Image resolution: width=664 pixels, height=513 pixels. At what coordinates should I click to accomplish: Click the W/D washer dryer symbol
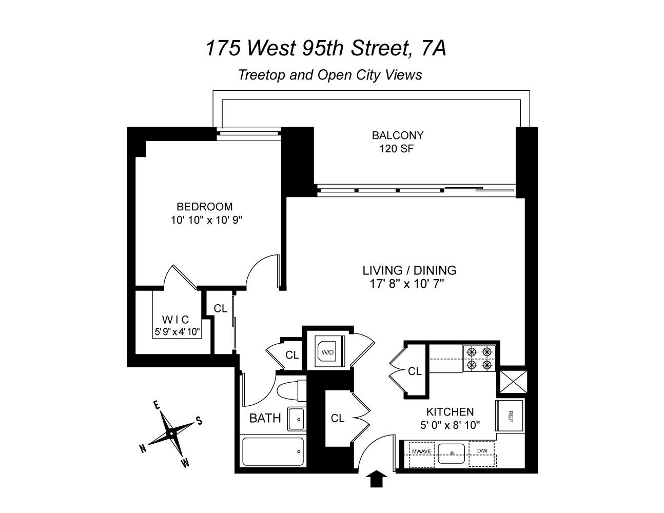327,352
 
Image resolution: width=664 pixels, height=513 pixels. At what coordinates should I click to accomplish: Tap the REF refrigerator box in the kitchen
510,416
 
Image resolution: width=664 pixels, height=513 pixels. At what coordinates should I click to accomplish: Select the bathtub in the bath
272,451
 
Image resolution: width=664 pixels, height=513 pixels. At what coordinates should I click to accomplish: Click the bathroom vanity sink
297,419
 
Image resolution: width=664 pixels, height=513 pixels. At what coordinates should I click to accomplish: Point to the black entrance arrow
377,479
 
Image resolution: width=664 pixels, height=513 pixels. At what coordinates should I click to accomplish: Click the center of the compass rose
171,434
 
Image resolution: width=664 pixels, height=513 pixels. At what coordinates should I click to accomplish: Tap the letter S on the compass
199,421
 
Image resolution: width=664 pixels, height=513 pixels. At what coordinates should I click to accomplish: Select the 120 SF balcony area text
396,149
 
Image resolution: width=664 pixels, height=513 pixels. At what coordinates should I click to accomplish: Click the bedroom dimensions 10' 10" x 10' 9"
206,220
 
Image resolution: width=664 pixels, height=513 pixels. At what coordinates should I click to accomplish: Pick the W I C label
175,320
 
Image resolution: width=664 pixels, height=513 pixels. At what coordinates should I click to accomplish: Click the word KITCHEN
450,411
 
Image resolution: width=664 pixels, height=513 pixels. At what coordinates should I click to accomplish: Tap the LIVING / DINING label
409,270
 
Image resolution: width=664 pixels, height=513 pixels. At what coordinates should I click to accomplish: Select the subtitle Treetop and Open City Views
330,75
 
